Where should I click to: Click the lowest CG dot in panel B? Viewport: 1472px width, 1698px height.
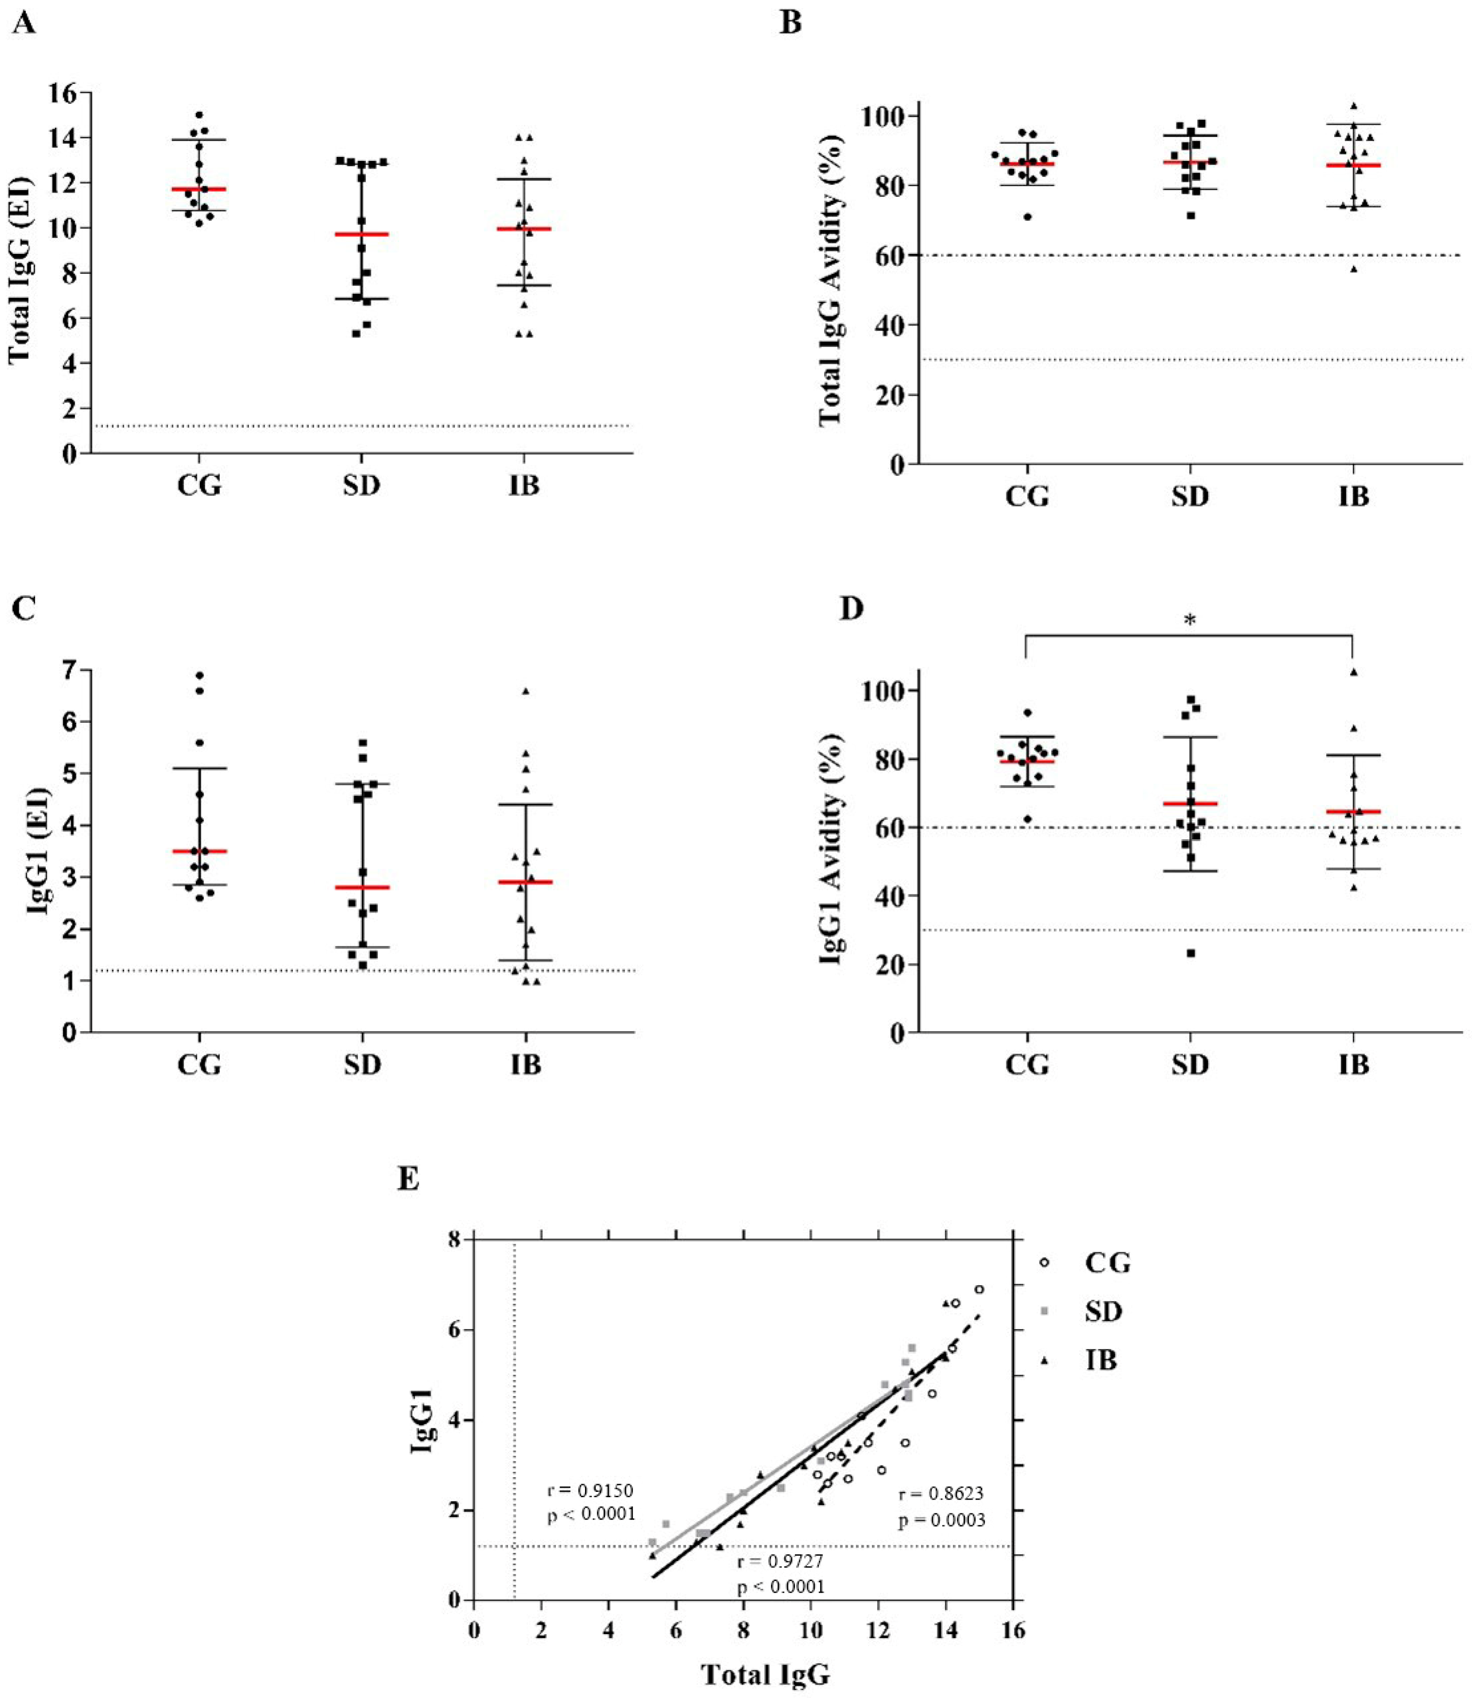point(1028,217)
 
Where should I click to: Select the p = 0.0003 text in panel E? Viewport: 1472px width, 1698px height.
point(942,1521)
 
